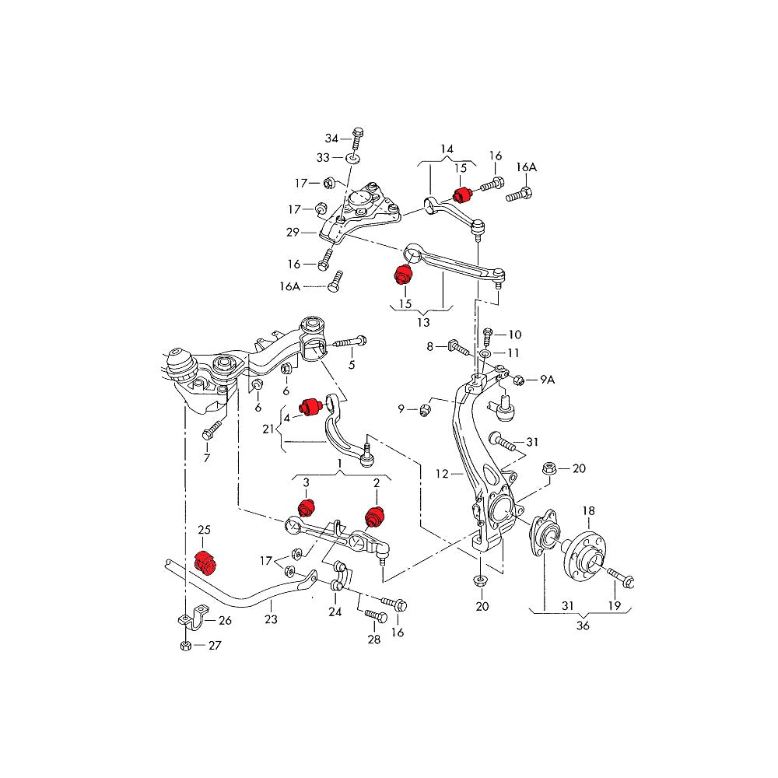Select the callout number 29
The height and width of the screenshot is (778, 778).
point(293,232)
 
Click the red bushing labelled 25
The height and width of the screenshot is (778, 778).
point(203,560)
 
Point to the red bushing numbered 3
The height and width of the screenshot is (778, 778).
point(306,507)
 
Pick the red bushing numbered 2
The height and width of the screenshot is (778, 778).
point(376,514)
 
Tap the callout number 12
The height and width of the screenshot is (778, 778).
point(443,473)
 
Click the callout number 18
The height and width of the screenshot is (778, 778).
point(589,510)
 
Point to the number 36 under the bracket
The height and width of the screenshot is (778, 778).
point(583,626)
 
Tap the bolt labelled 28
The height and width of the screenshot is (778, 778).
point(376,616)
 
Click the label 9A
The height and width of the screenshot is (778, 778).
point(548,380)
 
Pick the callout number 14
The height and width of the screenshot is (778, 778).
point(447,149)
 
